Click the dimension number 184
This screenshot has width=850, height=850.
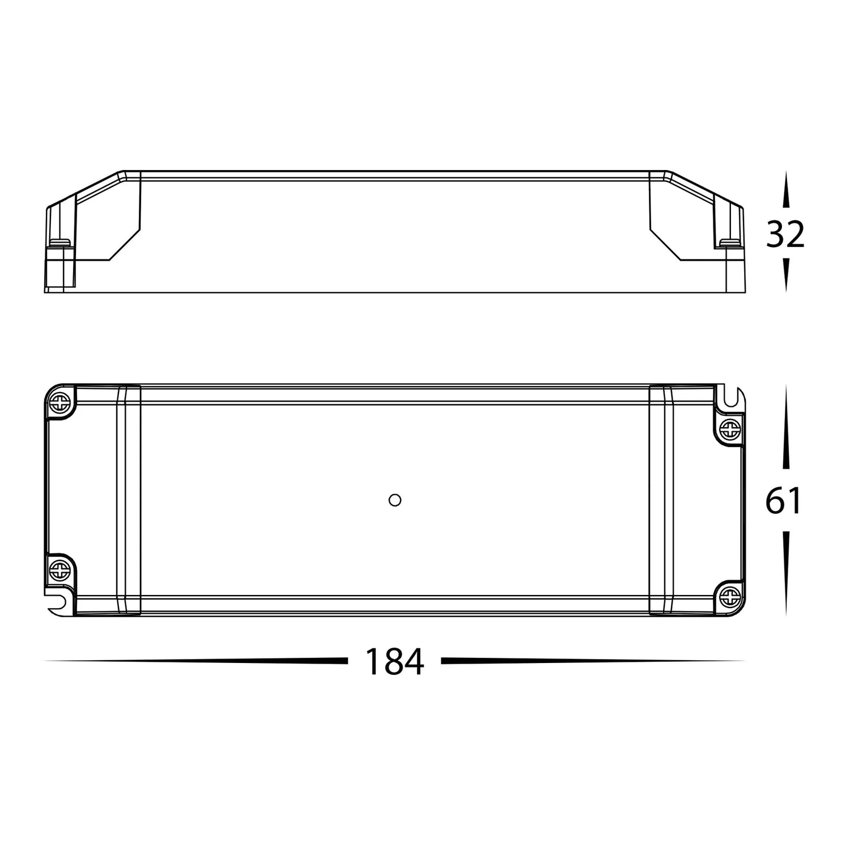pyautogui.click(x=394, y=661)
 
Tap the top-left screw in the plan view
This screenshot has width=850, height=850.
pyautogui.click(x=59, y=402)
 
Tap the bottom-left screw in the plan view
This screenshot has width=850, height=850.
pyautogui.click(x=59, y=568)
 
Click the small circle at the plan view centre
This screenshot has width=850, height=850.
pyautogui.click(x=395, y=500)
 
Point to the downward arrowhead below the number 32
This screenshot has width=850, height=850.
pyautogui.click(x=785, y=274)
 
